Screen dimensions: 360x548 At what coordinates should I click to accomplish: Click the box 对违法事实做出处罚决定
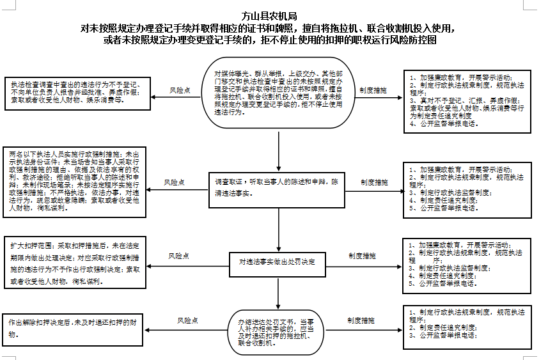point(278,262)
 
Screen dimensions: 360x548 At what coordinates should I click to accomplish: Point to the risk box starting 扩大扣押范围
point(75,263)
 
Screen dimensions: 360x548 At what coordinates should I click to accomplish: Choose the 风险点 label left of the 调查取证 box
point(175,183)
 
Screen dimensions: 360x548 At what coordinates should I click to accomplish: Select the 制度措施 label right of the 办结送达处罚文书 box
point(361,320)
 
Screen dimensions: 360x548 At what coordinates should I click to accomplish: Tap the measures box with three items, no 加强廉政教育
point(467,324)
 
